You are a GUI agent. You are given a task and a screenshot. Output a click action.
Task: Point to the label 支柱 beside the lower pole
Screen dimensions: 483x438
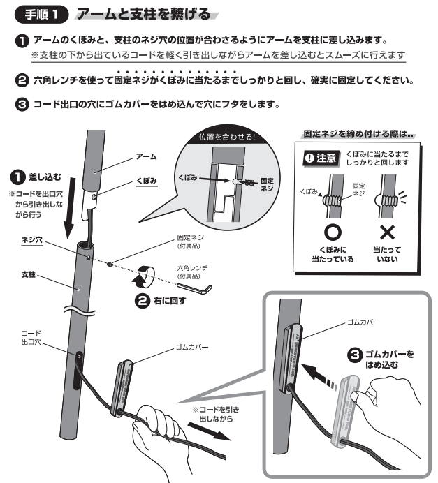29,274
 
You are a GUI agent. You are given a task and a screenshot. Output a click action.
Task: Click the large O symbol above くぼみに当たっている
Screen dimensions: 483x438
333,232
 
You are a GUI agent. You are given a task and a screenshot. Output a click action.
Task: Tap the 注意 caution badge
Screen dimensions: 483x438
321,158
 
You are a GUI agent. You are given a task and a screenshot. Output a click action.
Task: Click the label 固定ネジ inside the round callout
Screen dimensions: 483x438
266,184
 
